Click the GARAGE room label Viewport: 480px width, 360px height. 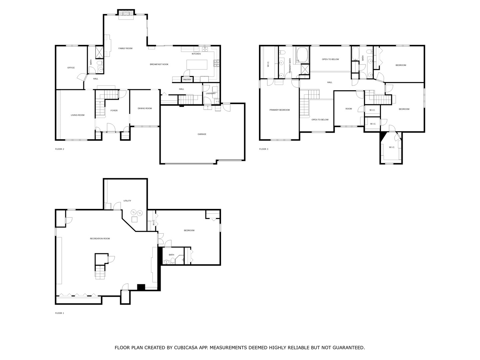coord(202,134)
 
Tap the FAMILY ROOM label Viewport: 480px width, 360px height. coord(125,48)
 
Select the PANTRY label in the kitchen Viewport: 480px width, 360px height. coord(187,80)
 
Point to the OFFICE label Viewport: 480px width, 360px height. coord(71,68)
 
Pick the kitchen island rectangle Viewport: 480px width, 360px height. coord(197,65)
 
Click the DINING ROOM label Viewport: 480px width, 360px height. coord(145,108)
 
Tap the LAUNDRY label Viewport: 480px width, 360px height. coord(211,93)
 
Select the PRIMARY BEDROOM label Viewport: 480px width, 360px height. coord(279,110)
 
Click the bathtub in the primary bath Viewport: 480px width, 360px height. coord(302,55)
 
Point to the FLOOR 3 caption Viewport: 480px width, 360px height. coord(264,149)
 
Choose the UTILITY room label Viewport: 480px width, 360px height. coord(127,201)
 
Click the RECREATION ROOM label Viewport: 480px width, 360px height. coord(100,238)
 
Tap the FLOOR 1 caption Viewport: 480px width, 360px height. coord(59,313)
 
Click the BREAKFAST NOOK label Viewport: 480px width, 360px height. coord(159,64)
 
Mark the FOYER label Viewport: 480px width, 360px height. coord(114,111)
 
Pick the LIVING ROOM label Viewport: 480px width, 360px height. coord(77,115)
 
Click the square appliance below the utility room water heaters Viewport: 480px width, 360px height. coord(134,219)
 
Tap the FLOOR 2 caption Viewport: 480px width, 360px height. coord(59,149)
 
